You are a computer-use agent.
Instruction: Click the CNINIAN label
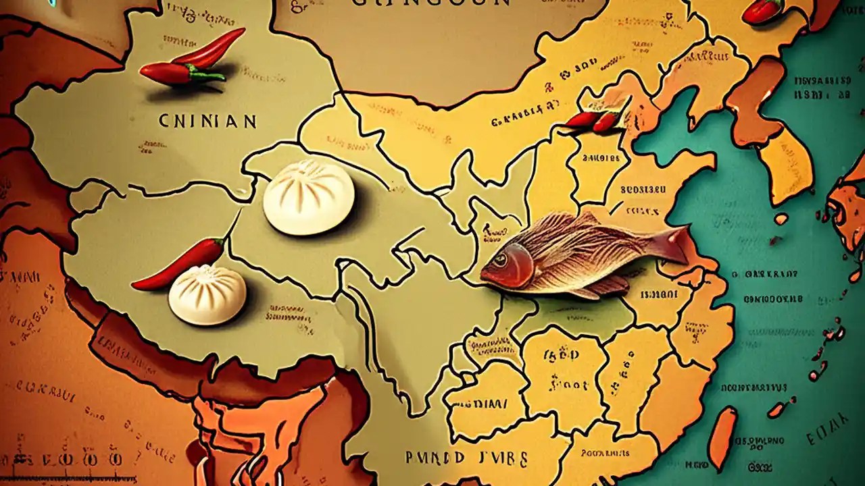pyautogui.click(x=207, y=122)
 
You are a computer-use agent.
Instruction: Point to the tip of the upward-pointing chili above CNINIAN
pyautogui.click(x=241, y=30)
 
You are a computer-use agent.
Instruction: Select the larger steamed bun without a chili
pyautogui.click(x=308, y=196)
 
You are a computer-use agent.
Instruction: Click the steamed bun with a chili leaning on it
pyautogui.click(x=207, y=294)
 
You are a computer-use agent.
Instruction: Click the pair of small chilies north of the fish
pyautogui.click(x=593, y=119)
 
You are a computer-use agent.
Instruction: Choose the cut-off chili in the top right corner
pyautogui.click(x=762, y=11)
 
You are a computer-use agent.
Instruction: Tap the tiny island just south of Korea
pyautogui.click(x=781, y=219)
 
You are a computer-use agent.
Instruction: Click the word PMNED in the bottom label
pyautogui.click(x=434, y=458)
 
